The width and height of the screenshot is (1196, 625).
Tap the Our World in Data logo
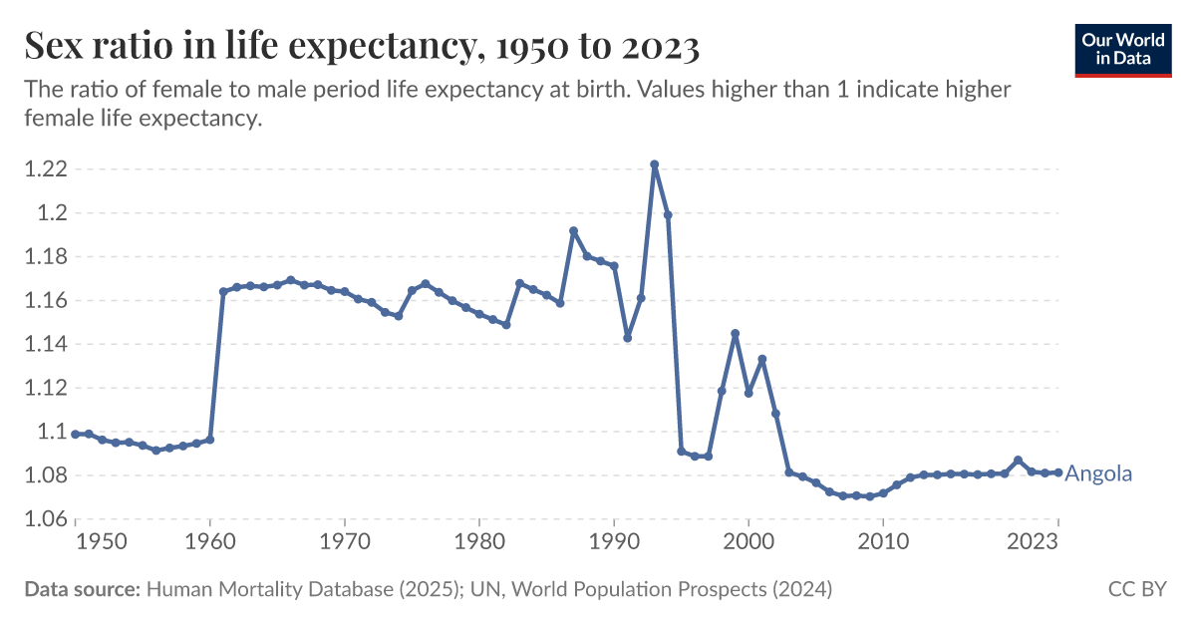pos(1123,47)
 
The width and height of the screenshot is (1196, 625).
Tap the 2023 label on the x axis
pos(1034,541)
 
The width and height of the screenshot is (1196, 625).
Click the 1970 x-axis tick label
pos(345,541)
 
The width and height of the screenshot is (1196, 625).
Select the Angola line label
pos(1098,473)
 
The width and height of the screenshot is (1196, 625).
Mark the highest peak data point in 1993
pos(654,164)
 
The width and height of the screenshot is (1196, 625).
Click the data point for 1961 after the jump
pos(223,291)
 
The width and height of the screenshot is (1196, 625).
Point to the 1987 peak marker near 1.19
pos(573,231)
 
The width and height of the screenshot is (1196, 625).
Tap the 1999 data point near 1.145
pos(735,334)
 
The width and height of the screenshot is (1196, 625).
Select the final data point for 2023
pos(1057,472)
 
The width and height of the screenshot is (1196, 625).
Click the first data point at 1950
pos(76,434)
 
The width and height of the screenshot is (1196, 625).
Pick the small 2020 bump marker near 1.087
pos(1018,461)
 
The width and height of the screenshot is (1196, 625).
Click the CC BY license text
pos(1136,589)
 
